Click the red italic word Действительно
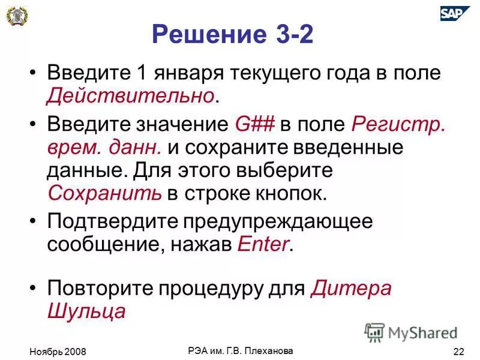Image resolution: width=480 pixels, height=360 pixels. click(131, 95)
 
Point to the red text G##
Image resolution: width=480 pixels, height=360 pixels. click(255, 125)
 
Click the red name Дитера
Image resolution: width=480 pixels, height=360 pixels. click(352, 288)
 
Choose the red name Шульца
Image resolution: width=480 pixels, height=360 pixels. click(86, 311)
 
